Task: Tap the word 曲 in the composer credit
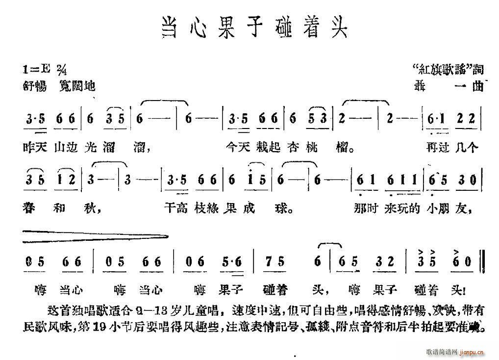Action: click(477, 86)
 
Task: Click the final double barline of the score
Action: click(484, 263)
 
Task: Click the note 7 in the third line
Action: click(267, 263)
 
